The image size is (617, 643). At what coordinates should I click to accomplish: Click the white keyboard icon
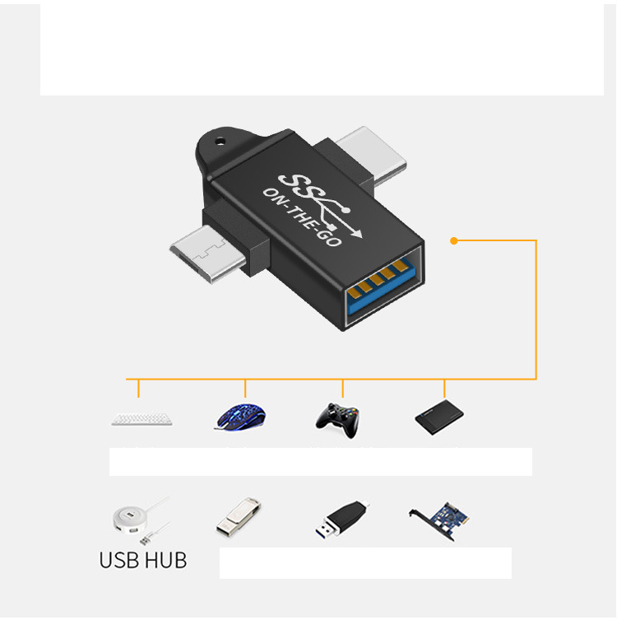point(141,419)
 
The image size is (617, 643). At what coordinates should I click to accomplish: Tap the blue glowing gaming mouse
point(240,417)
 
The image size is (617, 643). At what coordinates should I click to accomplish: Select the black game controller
point(337,420)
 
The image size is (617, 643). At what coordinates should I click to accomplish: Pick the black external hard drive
point(439,417)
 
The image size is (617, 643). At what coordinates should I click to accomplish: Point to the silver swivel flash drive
point(239,517)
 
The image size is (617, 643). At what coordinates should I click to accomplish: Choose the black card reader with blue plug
point(342,520)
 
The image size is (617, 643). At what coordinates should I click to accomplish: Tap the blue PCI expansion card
point(440,521)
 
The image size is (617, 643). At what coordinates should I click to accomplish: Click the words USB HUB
point(143,560)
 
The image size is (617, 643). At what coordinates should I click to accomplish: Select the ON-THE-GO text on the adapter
point(303,217)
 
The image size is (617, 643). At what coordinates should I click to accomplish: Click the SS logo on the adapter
point(299,186)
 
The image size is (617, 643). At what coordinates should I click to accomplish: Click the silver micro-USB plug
point(207,254)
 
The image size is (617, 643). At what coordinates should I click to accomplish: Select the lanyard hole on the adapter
point(220,142)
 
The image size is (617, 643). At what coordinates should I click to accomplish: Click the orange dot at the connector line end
point(453,240)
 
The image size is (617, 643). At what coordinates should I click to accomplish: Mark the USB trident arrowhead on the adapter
point(357,233)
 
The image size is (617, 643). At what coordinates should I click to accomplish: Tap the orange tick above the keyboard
point(138,389)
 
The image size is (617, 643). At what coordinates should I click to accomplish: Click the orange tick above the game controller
point(343,389)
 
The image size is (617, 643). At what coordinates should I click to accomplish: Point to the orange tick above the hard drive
point(444,389)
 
